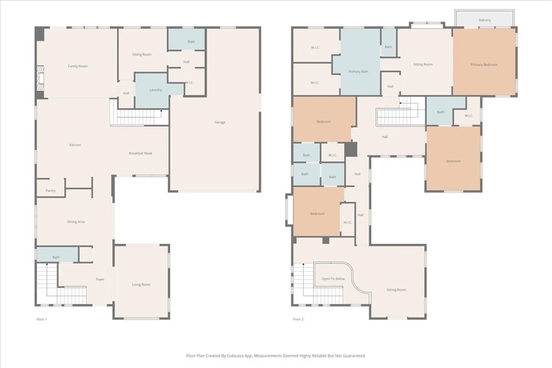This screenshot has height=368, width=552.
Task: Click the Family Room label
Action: click(x=78, y=66)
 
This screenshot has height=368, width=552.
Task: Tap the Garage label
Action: click(x=220, y=122)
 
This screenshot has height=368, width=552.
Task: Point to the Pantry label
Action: click(x=51, y=191)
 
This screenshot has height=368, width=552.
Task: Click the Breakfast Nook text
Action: click(x=140, y=154)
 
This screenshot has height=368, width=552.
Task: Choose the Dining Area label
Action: click(x=75, y=222)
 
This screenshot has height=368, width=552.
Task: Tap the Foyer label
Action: click(x=100, y=280)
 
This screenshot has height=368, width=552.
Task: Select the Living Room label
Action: click(x=141, y=284)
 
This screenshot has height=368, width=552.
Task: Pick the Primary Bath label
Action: click(x=358, y=72)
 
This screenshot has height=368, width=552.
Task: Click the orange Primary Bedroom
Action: click(x=484, y=65)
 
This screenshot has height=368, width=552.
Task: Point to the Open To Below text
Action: click(x=333, y=279)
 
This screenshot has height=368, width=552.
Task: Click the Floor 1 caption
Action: click(x=42, y=320)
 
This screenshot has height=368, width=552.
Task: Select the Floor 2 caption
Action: click(x=298, y=320)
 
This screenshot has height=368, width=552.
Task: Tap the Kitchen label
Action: click(x=75, y=145)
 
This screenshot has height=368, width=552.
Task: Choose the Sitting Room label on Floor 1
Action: click(x=142, y=54)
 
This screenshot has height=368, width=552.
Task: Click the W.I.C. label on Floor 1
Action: click(x=189, y=82)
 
